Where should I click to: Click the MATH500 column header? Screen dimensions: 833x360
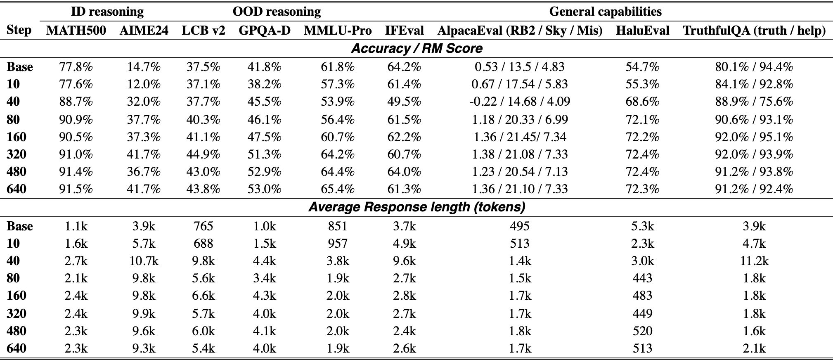76,31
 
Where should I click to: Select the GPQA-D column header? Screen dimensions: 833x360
265,31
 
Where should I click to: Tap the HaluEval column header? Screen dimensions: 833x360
642,31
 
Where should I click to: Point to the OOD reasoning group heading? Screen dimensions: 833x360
277,12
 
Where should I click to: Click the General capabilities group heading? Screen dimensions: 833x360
605,12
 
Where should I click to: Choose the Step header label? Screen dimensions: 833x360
19,30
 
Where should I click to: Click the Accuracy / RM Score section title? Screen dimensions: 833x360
416,49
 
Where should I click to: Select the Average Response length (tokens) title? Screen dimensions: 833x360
416,207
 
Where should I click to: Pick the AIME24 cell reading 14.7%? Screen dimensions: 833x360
144,67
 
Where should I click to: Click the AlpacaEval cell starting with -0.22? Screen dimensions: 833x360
520,102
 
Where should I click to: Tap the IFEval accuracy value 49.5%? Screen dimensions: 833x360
404,102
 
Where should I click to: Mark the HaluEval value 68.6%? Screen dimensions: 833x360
642,102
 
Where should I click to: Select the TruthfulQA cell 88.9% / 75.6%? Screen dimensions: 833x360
754,102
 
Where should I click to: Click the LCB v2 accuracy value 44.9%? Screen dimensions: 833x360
203,154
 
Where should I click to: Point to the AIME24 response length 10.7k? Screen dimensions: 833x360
144,261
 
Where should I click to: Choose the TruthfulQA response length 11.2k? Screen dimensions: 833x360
754,261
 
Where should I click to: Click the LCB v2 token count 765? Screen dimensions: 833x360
203,226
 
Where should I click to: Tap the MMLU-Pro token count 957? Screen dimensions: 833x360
338,244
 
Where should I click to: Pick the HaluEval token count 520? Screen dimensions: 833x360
642,331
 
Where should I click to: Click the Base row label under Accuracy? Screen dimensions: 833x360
20,67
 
